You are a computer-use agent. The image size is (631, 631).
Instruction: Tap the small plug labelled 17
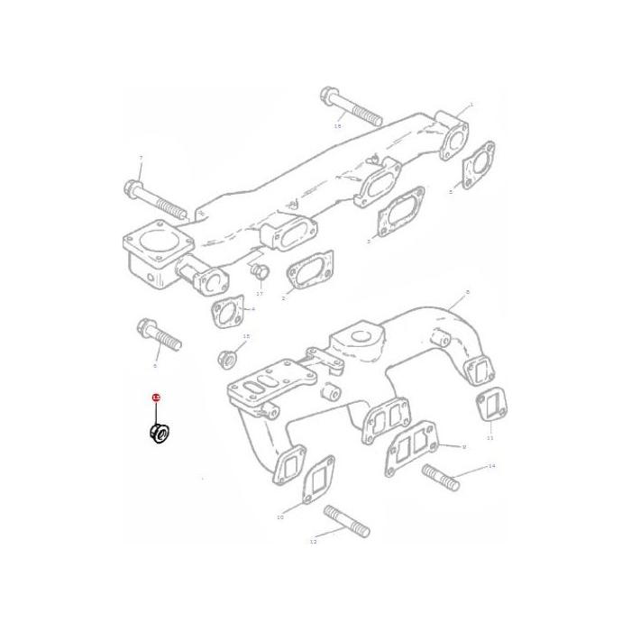[259, 273]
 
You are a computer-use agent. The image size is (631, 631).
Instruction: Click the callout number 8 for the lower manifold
[469, 294]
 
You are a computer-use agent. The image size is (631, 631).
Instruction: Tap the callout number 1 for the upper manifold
[470, 105]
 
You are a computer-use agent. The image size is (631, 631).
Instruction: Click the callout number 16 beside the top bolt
[338, 127]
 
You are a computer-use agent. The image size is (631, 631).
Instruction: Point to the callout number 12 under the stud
[313, 543]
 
